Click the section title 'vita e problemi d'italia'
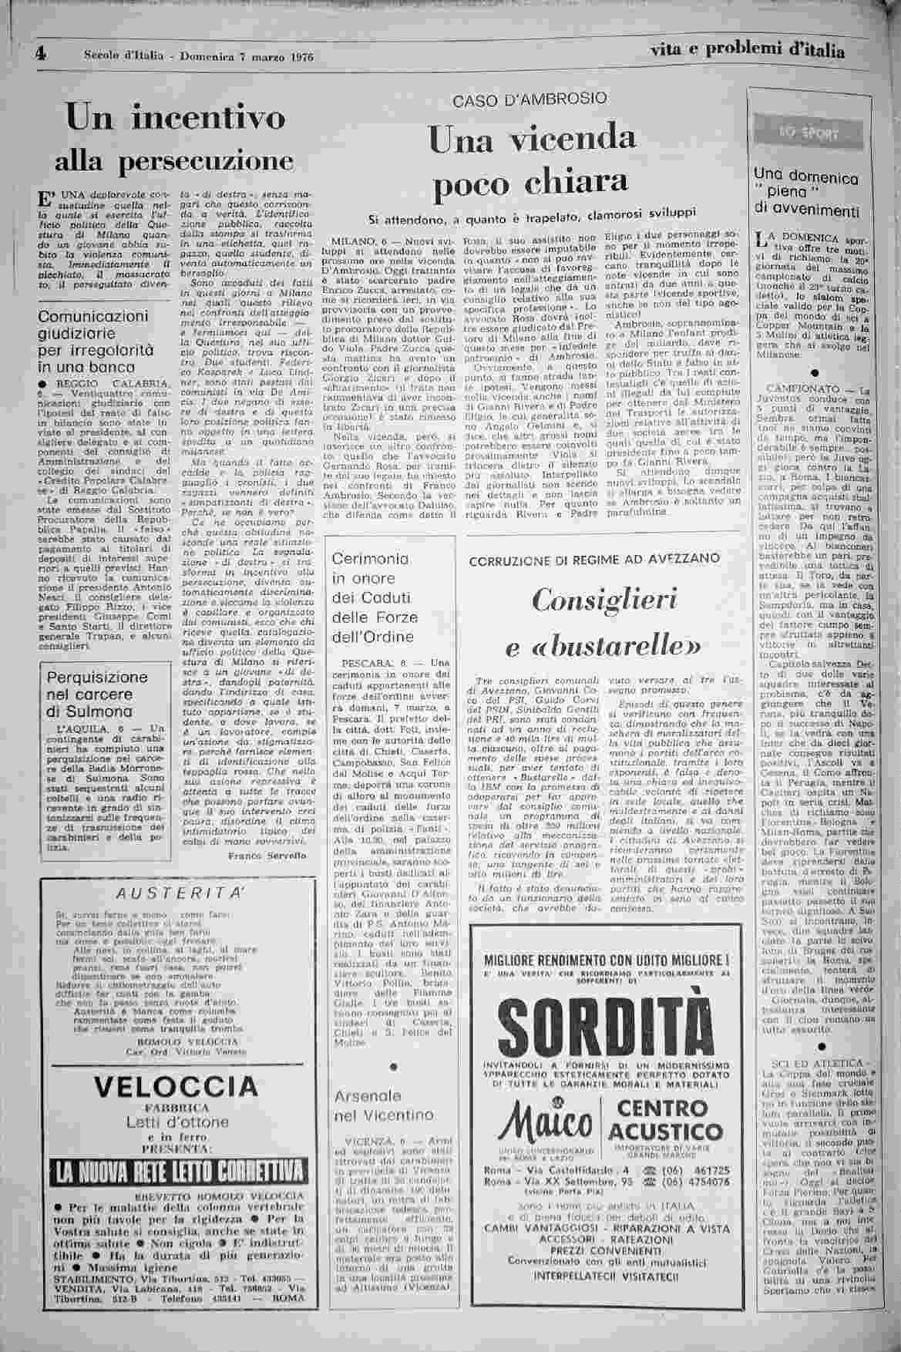click(746, 51)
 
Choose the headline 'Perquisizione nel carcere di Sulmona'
click(97, 694)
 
